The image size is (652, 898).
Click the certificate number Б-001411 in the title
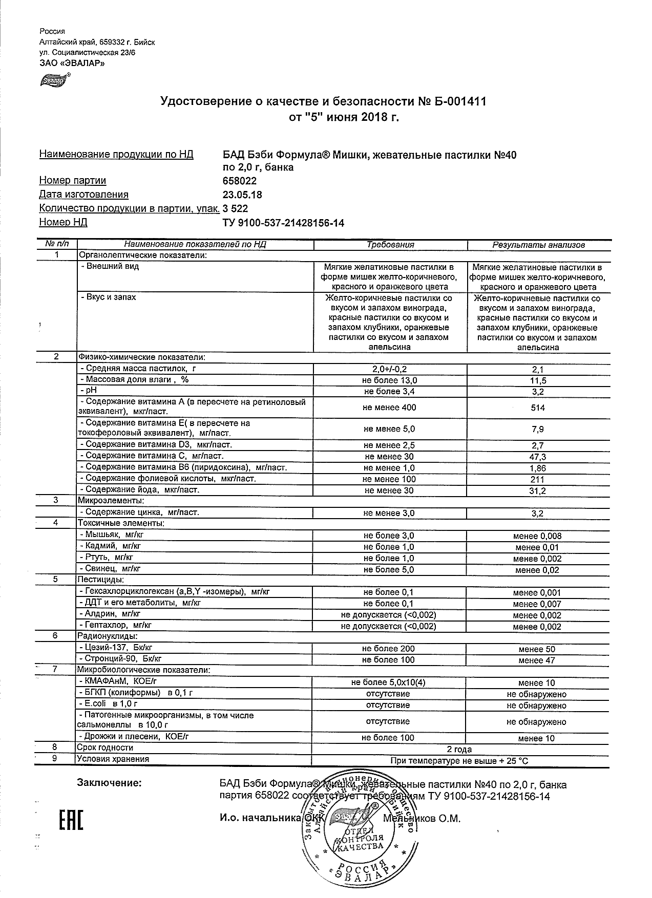pyautogui.click(x=459, y=101)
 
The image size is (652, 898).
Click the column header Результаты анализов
pyautogui.click(x=538, y=245)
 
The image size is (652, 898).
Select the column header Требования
pyautogui.click(x=390, y=245)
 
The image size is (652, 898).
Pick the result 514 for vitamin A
pyautogui.click(x=538, y=408)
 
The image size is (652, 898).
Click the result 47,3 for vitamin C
pyautogui.click(x=538, y=457)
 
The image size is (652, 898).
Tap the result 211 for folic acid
pyautogui.click(x=538, y=480)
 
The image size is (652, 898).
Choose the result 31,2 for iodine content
pyautogui.click(x=538, y=491)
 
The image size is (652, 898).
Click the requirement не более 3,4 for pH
pyautogui.click(x=390, y=392)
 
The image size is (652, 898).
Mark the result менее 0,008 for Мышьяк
pyautogui.click(x=537, y=536)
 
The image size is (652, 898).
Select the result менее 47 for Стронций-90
pyautogui.click(x=536, y=660)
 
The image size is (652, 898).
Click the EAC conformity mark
pyautogui.click(x=71, y=820)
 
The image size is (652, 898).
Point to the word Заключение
pyautogui.click(x=109, y=783)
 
